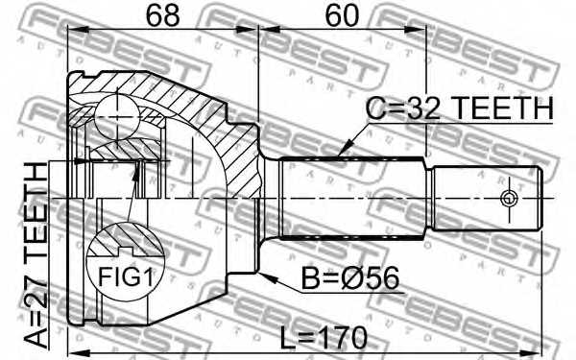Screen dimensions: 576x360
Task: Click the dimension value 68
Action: point(163,15)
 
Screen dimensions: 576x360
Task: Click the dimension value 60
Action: point(342,15)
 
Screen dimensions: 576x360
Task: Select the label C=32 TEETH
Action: point(460,108)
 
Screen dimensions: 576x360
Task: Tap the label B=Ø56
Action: point(350,278)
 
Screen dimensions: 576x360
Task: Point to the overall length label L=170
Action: point(324,338)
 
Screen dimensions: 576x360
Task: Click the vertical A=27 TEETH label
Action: point(36,255)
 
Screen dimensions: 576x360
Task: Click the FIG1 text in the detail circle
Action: point(125,276)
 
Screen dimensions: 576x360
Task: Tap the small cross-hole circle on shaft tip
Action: point(509,199)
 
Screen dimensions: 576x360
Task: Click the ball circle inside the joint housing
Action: point(117,117)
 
